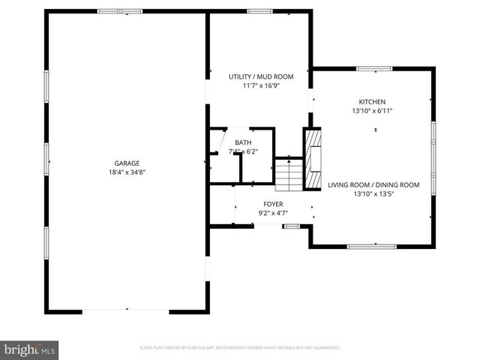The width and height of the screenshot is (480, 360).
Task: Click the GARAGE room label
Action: tap(127, 163)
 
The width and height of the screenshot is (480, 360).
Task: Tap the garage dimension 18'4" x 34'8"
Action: tap(127, 172)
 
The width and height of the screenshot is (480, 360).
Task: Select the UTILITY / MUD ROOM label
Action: tap(261, 76)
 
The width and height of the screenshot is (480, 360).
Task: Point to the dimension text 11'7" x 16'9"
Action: tap(261, 85)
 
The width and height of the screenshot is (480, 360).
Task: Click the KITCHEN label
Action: tap(372, 101)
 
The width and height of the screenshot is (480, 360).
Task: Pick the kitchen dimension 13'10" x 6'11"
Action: tap(372, 110)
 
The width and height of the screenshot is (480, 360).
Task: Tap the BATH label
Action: tap(243, 142)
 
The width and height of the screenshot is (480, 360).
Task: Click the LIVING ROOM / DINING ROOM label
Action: tap(373, 184)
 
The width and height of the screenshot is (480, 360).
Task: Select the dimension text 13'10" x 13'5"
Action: tap(373, 193)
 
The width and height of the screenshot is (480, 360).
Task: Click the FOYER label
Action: tap(273, 204)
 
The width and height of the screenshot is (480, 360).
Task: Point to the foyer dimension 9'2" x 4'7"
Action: tap(273, 213)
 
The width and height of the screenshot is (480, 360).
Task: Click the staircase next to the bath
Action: tap(287, 174)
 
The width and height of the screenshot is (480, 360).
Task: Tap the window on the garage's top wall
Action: tap(120, 11)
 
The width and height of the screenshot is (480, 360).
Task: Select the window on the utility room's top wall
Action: tap(260, 11)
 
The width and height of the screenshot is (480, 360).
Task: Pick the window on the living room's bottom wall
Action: tap(371, 246)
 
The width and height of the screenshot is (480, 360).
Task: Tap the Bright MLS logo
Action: tap(30, 349)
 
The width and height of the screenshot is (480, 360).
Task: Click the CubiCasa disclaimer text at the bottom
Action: tap(240, 348)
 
